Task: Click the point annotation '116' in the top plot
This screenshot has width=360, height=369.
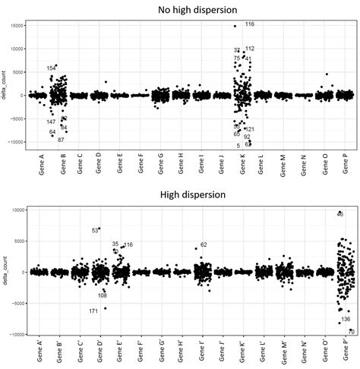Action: [250, 25]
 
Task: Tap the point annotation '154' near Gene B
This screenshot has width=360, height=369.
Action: [51, 68]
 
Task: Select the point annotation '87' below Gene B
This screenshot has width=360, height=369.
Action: [61, 140]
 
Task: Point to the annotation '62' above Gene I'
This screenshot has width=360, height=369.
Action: [204, 245]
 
